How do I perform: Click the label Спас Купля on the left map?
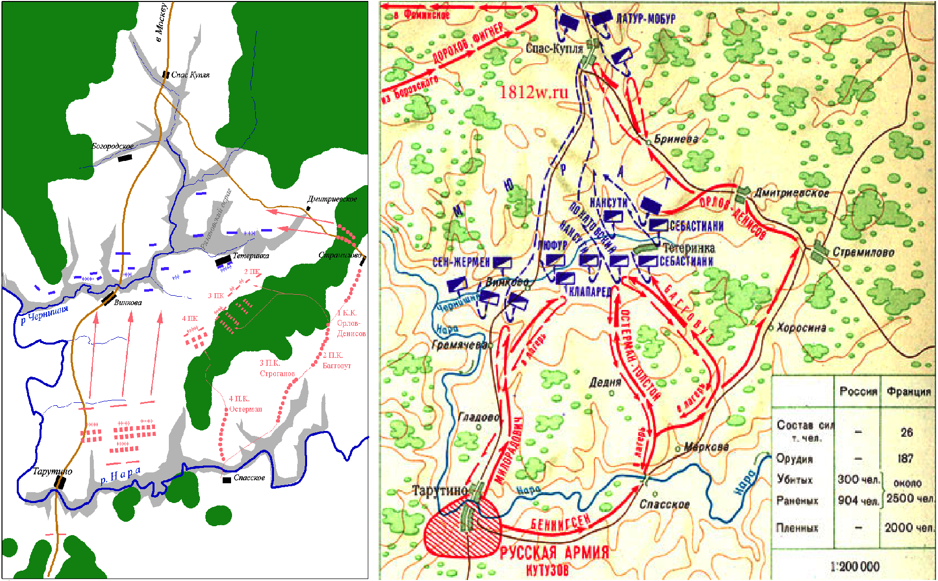tap(190, 75)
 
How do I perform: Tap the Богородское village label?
tap(113, 146)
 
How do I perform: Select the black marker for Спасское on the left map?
tap(227, 480)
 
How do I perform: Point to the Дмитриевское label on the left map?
tap(332, 199)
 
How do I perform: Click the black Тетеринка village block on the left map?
tap(223, 260)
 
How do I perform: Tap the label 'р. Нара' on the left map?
tap(120, 475)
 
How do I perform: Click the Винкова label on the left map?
tap(127, 303)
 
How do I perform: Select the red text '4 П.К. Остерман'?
tap(245, 404)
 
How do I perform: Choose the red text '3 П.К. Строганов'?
tap(277, 368)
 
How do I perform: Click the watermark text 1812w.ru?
tap(534, 92)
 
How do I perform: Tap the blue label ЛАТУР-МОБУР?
tap(646, 19)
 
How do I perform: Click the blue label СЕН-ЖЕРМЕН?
tap(461, 262)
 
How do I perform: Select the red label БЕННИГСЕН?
tap(560, 522)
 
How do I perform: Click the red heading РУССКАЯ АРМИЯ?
tap(554, 552)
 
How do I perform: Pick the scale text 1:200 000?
tap(855, 566)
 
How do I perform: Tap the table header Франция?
tap(908, 391)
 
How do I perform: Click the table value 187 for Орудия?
tap(905, 459)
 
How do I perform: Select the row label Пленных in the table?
tap(797, 528)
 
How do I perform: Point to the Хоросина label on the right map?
tap(801, 327)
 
